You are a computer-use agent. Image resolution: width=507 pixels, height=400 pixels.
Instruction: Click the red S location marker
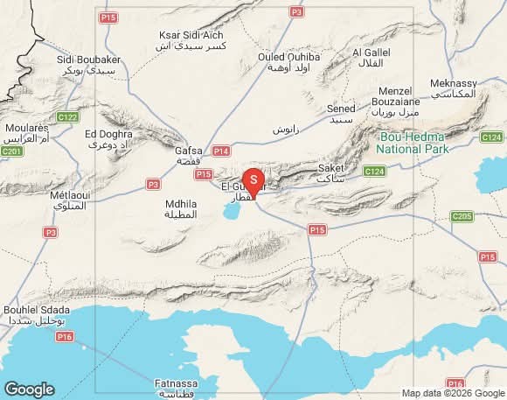(253, 180)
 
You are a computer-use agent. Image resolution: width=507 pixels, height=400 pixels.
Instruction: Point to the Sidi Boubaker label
(88, 64)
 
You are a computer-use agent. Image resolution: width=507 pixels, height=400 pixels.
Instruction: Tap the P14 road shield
(220, 151)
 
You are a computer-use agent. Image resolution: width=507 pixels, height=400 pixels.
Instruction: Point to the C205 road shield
(462, 215)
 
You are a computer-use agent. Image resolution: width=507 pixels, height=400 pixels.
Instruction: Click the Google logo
(29, 389)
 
